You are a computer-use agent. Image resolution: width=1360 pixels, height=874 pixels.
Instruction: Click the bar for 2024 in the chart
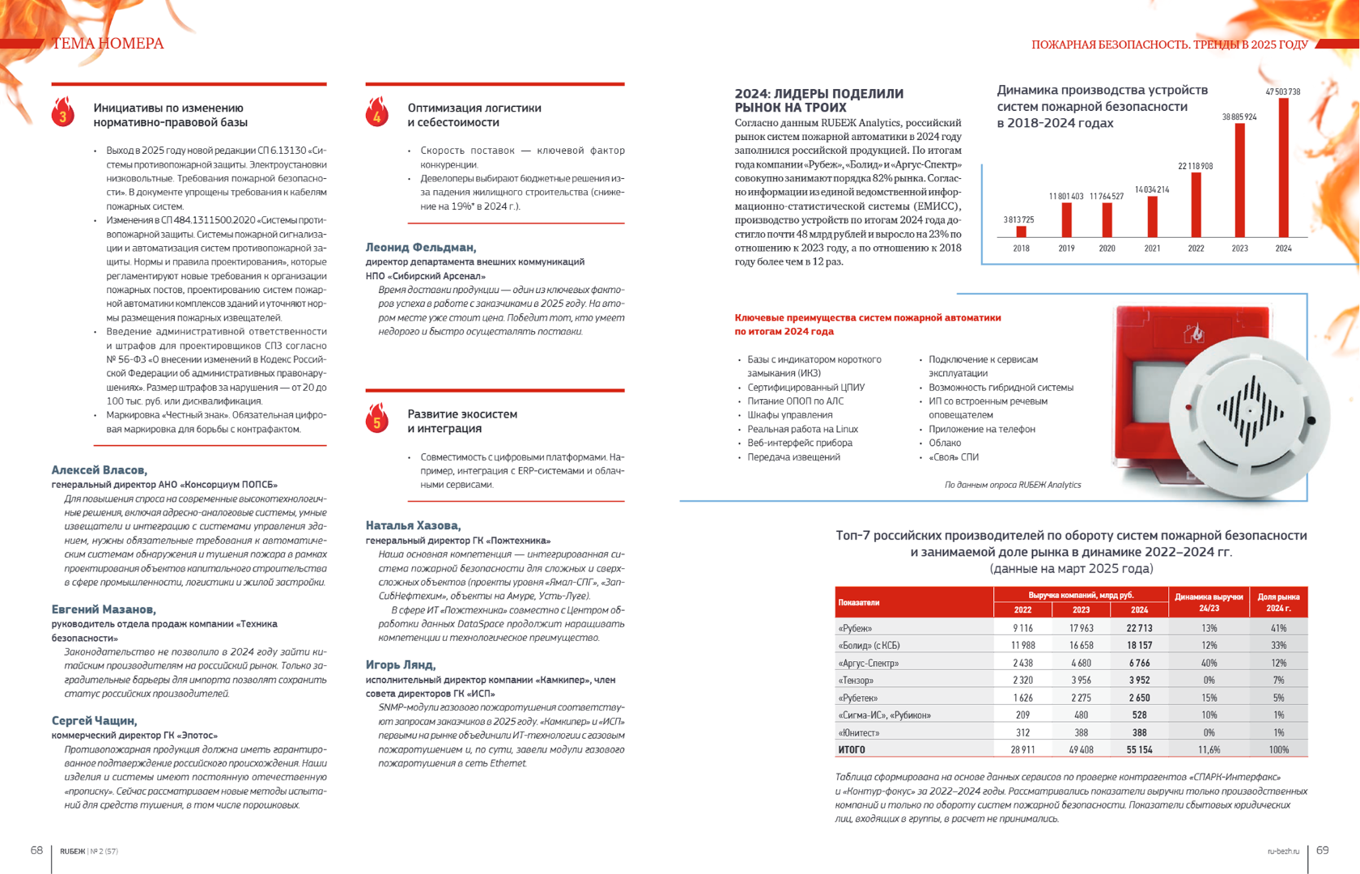[1283, 168]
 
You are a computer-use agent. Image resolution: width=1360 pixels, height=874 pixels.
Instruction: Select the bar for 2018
[1021, 231]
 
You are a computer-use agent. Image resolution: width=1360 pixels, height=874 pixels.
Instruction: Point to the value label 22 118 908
[1195, 166]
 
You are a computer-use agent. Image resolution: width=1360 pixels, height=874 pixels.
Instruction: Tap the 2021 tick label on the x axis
[1152, 248]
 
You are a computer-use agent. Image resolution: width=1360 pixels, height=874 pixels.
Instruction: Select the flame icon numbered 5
[376, 420]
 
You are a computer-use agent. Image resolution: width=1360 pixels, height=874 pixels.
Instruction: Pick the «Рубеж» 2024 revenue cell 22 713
[1139, 628]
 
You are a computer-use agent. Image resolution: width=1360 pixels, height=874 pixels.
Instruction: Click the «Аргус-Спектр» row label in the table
[869, 663]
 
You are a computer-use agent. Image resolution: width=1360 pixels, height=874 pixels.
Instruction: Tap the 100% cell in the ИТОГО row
[1278, 750]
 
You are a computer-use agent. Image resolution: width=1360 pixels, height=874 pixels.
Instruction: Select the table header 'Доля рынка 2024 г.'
[1278, 602]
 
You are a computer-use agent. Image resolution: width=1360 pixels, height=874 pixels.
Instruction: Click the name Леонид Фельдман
[421, 248]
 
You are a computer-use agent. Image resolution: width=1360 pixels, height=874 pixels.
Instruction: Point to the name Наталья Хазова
[413, 526]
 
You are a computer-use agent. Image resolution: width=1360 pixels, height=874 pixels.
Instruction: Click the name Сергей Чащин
[94, 721]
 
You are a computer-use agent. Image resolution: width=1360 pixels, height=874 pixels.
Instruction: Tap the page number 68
[36, 850]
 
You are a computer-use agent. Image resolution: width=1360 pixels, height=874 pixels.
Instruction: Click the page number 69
[1322, 850]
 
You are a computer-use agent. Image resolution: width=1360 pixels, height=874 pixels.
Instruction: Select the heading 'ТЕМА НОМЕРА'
[108, 44]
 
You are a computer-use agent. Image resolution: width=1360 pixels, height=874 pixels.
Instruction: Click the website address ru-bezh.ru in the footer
[1283, 851]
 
